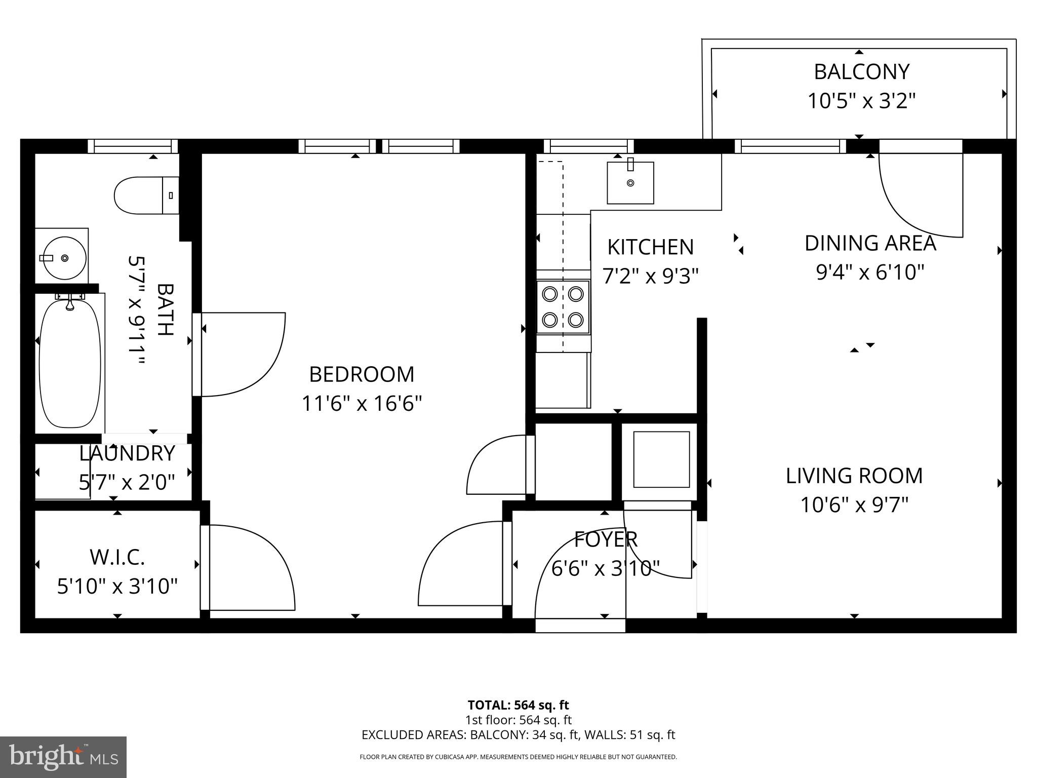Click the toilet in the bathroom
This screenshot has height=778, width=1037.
[144, 195]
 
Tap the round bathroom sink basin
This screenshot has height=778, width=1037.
[64, 258]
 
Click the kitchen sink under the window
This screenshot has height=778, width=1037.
[630, 183]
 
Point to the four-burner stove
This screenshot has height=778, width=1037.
[563, 307]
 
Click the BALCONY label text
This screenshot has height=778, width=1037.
[861, 72]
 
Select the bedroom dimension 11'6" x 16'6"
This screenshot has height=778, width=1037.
[362, 404]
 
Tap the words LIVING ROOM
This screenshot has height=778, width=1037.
[854, 476]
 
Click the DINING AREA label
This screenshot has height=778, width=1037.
[870, 243]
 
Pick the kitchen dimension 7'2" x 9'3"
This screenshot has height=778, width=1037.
[650, 276]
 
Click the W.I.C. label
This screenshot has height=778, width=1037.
[117, 557]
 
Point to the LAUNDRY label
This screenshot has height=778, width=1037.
[127, 453]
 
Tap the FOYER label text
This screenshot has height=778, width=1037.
[606, 539]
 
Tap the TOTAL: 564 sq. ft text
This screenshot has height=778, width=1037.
[518, 705]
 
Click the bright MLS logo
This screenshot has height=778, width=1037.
[63, 758]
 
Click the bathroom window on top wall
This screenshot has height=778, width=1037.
[133, 146]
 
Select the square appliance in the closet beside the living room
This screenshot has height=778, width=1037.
[661, 459]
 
